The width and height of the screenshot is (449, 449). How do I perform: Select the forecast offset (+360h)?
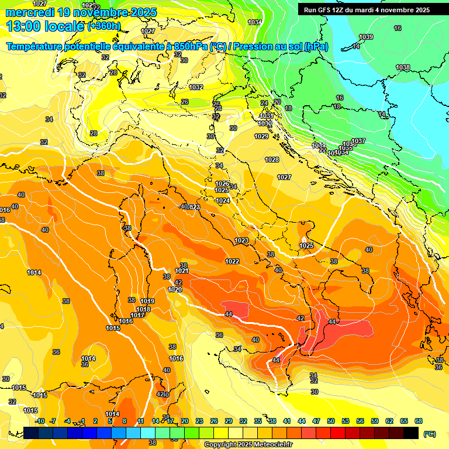(x=104, y=26)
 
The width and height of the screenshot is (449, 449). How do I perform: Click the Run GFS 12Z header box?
(x=367, y=10)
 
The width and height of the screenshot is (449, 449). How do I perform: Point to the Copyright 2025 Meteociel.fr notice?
(x=248, y=444)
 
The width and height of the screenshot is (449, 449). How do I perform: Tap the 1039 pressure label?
(x=366, y=37)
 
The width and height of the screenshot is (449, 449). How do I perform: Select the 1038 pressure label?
(x=403, y=68)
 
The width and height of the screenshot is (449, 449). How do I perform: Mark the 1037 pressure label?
(x=358, y=141)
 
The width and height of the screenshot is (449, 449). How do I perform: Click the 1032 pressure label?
(x=196, y=87)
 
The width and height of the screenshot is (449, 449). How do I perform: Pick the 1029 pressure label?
(x=261, y=136)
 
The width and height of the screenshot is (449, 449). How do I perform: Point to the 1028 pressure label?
(x=272, y=160)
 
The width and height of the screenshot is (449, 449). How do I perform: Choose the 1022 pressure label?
(x=232, y=261)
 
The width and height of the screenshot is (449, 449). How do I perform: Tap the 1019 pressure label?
(x=147, y=301)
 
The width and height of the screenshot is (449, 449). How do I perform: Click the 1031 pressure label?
(x=266, y=116)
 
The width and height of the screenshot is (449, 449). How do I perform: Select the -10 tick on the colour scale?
(x=40, y=421)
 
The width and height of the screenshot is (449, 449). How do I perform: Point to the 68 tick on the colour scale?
(x=419, y=421)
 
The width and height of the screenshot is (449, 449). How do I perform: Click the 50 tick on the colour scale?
(x=331, y=421)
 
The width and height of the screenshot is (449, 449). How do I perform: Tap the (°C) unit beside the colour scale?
(x=429, y=433)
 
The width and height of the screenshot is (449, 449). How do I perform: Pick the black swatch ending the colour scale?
(x=411, y=433)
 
